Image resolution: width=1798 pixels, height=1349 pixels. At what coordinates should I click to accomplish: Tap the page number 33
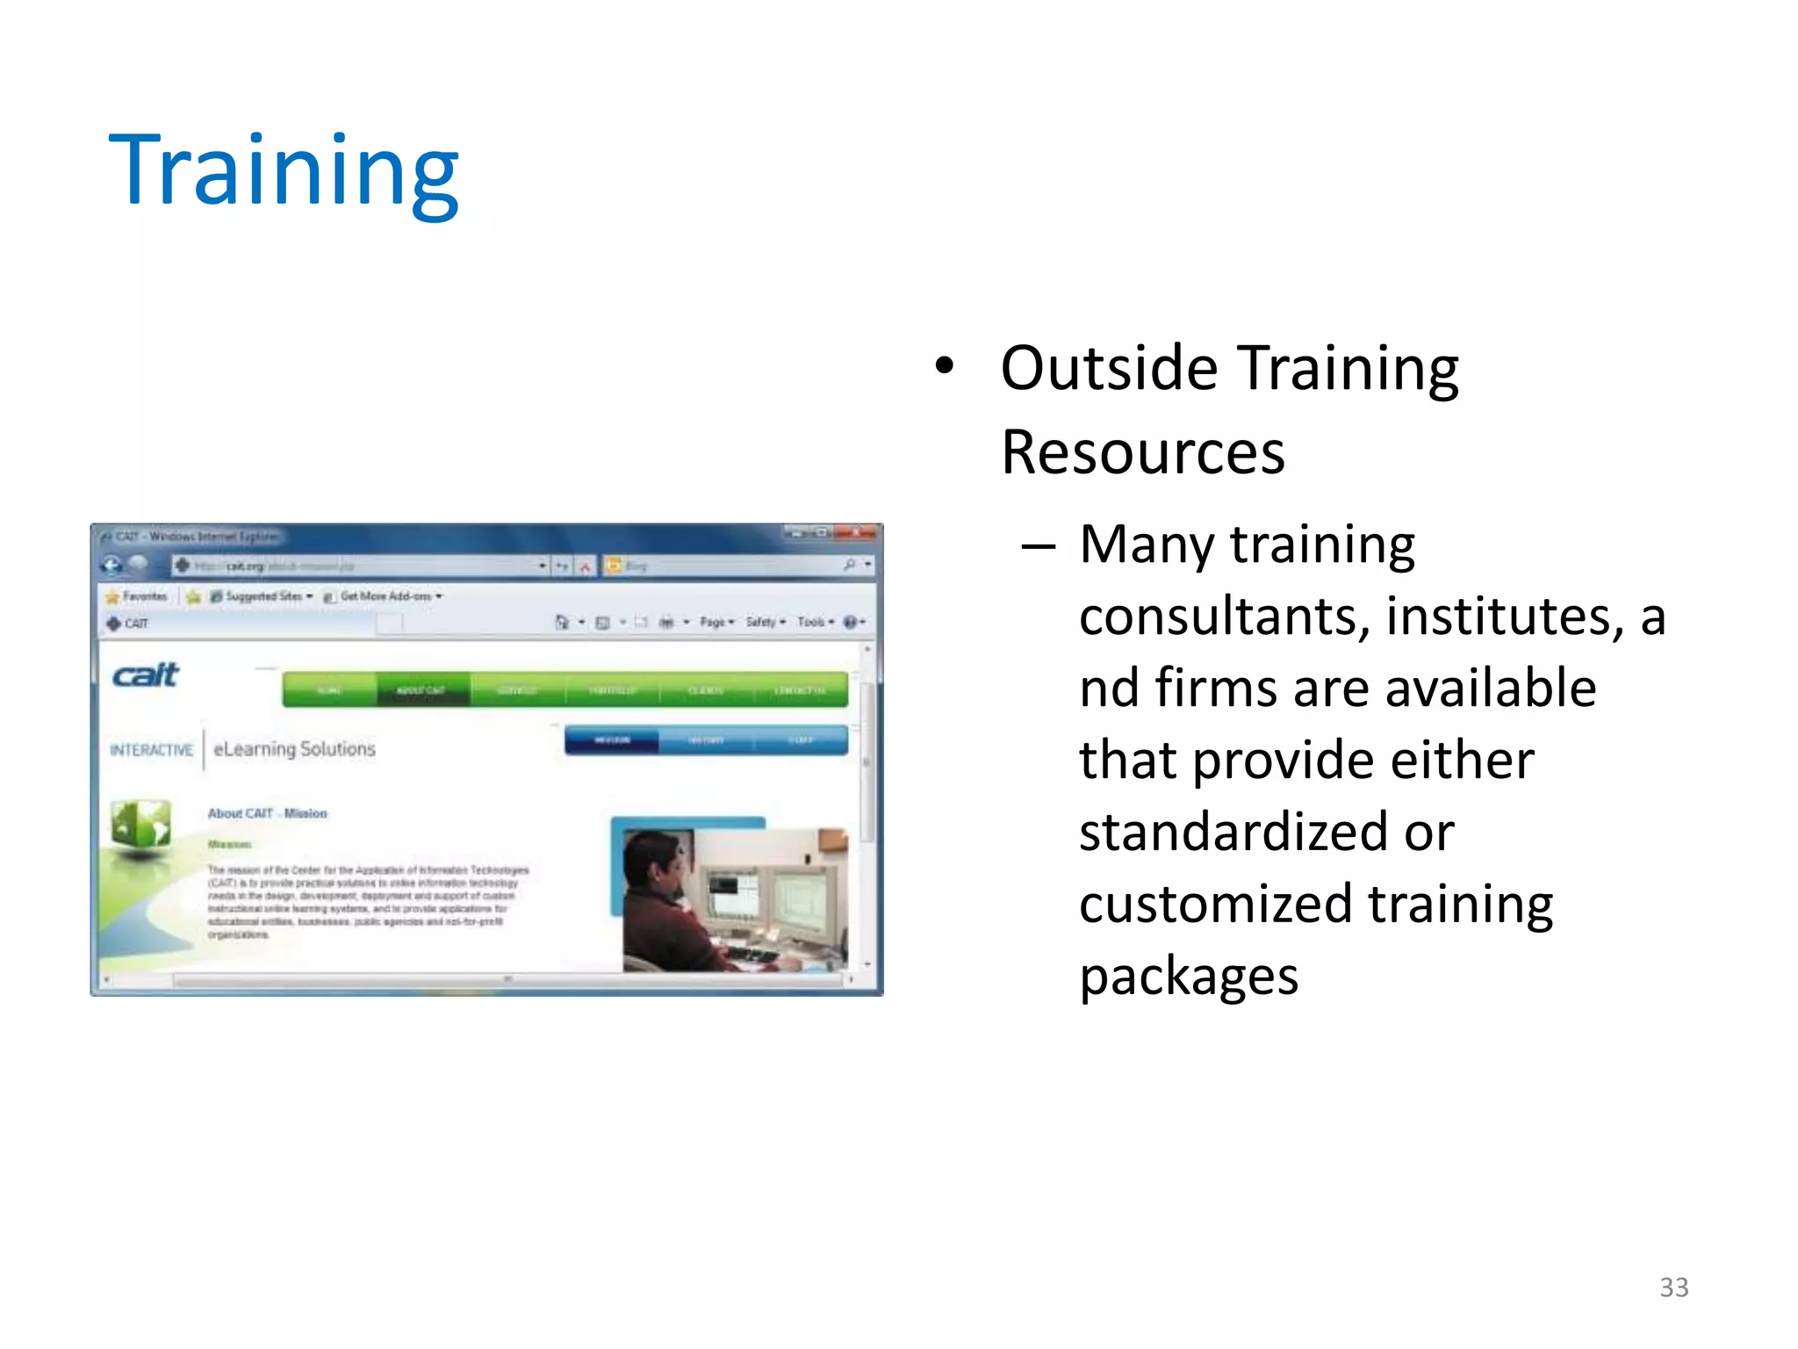coord(1673,1287)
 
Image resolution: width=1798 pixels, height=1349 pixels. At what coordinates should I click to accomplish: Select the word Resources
coord(1142,453)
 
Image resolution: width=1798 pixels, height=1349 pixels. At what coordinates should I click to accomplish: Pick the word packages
coord(1188,976)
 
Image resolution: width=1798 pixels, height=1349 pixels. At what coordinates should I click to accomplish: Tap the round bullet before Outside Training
coord(944,366)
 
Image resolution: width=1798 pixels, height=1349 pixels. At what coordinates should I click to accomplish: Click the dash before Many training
coord(1038,546)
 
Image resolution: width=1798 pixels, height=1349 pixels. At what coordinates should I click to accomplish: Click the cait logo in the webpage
coord(146,674)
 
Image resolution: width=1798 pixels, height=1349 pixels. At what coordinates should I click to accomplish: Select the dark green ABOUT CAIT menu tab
coord(422,690)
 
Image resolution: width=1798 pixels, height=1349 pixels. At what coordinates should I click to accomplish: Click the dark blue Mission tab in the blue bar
coord(612,740)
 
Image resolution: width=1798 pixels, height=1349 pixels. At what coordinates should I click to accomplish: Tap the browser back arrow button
coord(112,566)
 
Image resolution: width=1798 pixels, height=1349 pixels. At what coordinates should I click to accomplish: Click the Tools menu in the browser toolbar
coord(814,622)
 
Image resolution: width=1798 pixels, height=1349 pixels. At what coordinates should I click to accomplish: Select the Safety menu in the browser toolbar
coord(764,622)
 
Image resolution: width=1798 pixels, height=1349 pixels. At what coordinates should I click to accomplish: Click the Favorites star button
coord(136,596)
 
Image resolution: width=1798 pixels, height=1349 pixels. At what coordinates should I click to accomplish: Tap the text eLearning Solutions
coord(294,749)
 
